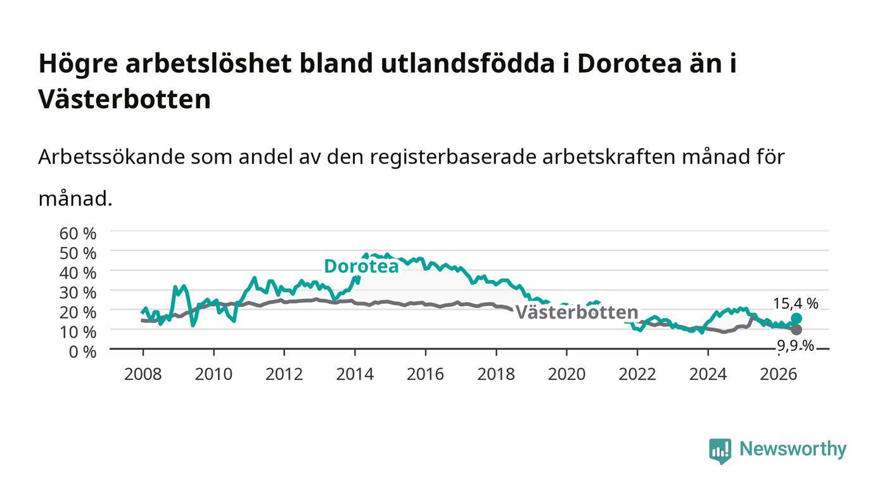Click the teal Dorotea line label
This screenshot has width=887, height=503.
pos(361,266)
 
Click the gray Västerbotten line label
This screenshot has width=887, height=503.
pos(577,312)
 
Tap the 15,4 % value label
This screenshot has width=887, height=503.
pos(796,303)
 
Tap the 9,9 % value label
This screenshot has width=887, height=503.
pos(796,346)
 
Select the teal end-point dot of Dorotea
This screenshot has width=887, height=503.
pos(796,319)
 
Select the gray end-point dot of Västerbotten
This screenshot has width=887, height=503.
pos(796,329)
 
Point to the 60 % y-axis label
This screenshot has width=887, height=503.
pos(78,233)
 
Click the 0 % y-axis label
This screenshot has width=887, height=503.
pos(83,352)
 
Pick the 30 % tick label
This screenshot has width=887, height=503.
pos(78,293)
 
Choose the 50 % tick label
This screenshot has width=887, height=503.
pos(78,253)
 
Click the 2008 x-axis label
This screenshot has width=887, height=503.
pos(143,374)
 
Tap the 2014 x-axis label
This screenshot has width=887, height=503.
pos(355,374)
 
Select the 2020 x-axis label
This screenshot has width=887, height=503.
pos(566,374)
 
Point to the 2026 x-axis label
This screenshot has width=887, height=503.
pos(779,374)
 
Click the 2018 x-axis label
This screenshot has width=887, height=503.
pos(496,374)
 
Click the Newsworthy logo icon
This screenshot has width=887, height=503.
pos(720,451)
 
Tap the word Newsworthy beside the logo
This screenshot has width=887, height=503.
pos(793,449)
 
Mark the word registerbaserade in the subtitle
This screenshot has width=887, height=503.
pos(453,157)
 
